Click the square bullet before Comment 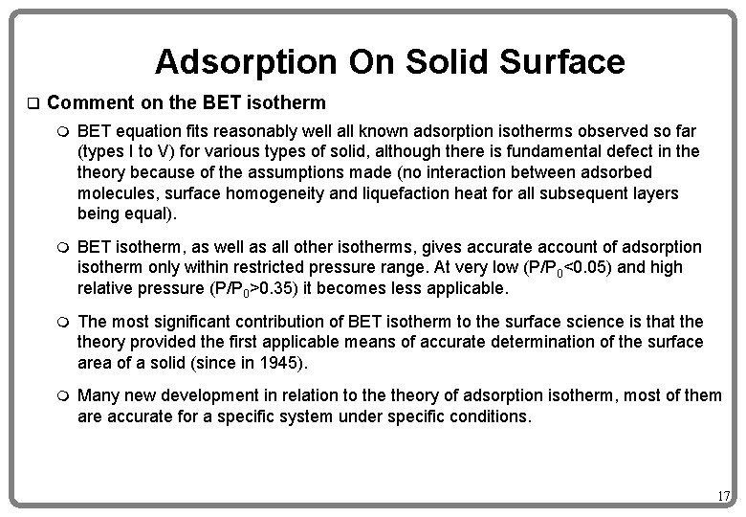click(32, 102)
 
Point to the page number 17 click(723, 496)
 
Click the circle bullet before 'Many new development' click(63, 396)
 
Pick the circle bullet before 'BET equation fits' click(63, 130)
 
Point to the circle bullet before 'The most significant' click(63, 321)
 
